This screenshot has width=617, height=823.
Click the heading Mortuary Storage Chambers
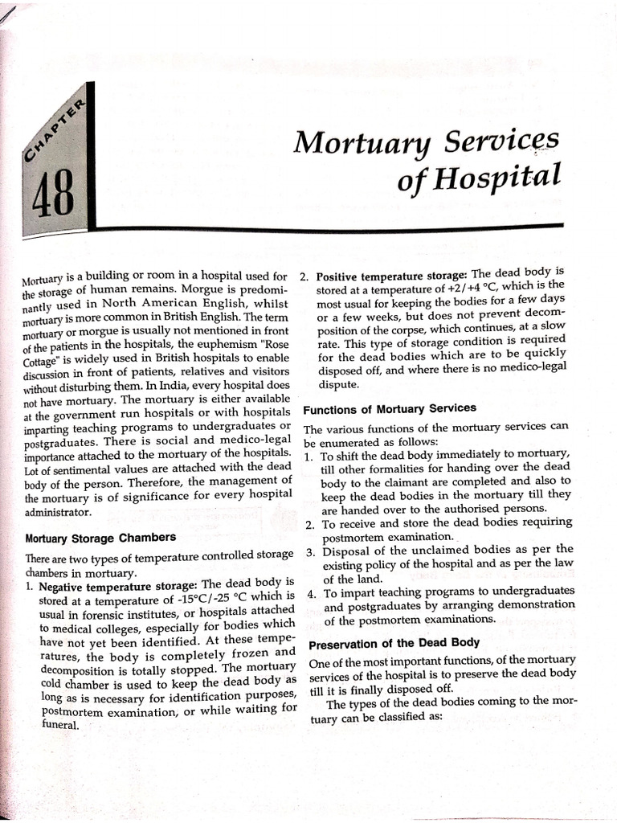click(100, 537)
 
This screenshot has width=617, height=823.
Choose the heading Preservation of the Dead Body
click(394, 642)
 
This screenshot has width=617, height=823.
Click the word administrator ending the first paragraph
click(59, 512)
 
